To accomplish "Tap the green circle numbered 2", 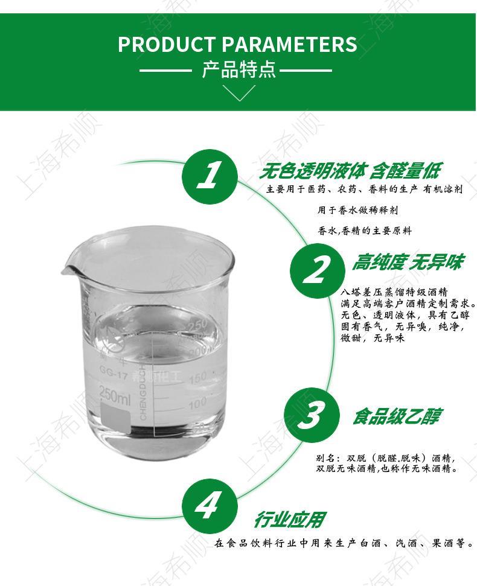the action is click(318, 270).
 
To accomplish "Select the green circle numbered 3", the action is click(312, 415).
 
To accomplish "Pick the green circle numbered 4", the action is click(210, 506).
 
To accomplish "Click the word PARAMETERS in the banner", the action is click(290, 44).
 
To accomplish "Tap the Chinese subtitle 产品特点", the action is click(239, 69).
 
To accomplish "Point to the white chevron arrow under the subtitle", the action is click(239, 93).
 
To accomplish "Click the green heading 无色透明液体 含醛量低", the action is click(350, 171).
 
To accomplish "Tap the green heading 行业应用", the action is click(290, 520).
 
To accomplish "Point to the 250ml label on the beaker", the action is click(115, 394).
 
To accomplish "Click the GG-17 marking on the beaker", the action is click(114, 372).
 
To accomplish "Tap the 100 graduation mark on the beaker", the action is click(198, 403).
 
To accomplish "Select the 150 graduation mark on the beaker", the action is click(198, 378).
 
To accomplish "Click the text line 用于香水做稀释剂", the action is click(357, 211).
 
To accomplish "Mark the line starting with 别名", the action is click(385, 458).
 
